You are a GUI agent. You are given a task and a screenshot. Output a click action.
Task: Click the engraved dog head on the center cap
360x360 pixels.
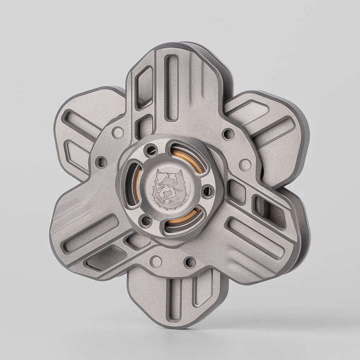[x=167, y=187]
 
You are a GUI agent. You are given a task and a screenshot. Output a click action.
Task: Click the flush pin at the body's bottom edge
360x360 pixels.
[x=156, y=260]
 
